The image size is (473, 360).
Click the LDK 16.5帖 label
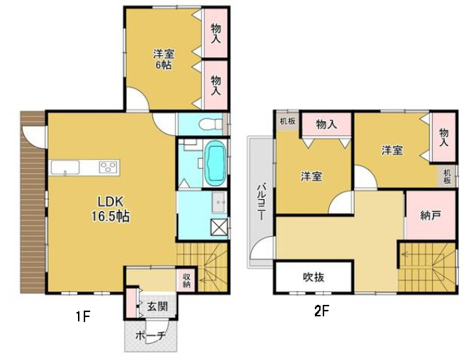pyautogui.click(x=111, y=208)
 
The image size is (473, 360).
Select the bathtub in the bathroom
pyautogui.click(x=215, y=162)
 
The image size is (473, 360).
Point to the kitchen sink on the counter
pyautogui.click(x=65, y=167)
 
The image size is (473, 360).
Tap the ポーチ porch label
pyautogui.click(x=150, y=335)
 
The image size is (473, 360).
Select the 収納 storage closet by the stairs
pyautogui.click(x=187, y=281)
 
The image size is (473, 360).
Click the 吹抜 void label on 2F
pyautogui.click(x=313, y=277)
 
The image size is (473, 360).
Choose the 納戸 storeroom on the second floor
pyautogui.click(x=431, y=215)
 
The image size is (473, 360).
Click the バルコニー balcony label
pyautogui.click(x=260, y=202)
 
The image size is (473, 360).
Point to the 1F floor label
pyautogui.click(x=83, y=316)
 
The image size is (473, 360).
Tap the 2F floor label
pyautogui.click(x=321, y=311)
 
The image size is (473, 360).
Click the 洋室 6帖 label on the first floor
pyautogui.click(x=164, y=59)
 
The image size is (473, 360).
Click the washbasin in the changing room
pyautogui.click(x=219, y=202)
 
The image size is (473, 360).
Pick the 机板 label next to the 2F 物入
pyautogui.click(x=287, y=121)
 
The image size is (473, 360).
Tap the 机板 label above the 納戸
pyautogui.click(x=447, y=177)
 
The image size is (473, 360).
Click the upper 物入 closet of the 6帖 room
pyautogui.click(x=215, y=33)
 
